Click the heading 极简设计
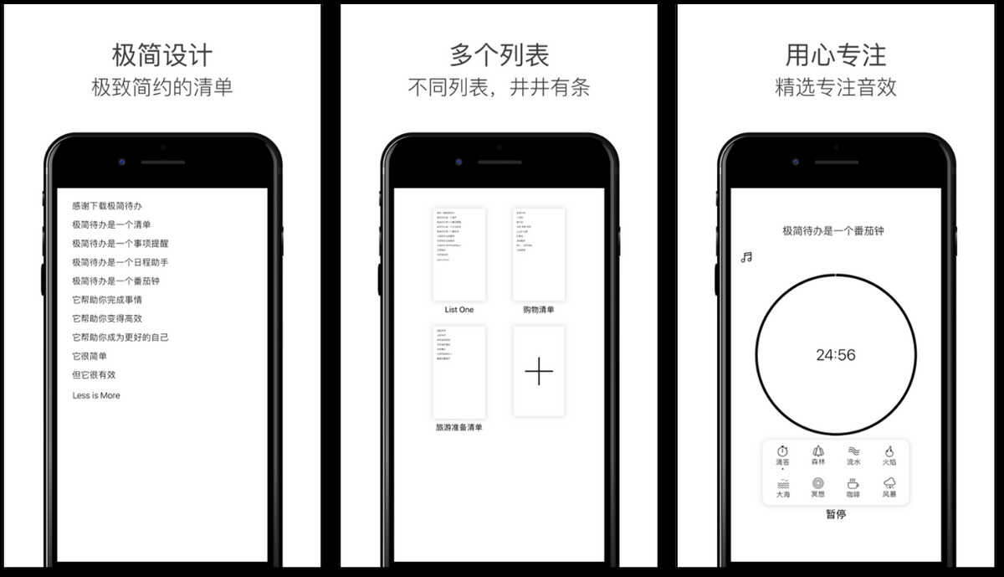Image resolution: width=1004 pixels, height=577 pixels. pos(162,55)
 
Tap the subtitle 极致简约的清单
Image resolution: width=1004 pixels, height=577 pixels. pos(162,87)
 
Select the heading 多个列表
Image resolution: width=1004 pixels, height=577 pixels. pos(499,55)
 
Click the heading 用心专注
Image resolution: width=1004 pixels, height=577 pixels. pos(836,55)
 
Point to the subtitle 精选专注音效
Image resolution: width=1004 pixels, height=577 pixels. pos(836,87)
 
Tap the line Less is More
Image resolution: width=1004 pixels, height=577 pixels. pos(96,395)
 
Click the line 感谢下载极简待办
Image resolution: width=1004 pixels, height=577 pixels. pos(107,205)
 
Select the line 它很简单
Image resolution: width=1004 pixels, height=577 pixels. pos(90,356)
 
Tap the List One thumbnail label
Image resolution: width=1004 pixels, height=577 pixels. pos(459,310)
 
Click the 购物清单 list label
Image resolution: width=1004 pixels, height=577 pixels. pos(539,310)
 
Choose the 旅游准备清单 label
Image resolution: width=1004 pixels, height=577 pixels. pos(459,428)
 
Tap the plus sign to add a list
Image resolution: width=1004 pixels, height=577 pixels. pos(539,371)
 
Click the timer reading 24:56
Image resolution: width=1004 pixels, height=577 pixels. pos(836,355)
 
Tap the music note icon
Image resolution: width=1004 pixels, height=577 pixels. pos(746,257)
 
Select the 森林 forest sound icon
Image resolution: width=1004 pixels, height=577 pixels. pos(817,451)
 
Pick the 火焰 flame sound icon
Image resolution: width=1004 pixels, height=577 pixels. pos(889,451)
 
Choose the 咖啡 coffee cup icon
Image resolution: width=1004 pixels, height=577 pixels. pos(853,484)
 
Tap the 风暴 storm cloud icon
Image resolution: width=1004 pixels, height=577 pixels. pos(889,484)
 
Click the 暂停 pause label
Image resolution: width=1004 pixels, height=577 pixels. pos(836,514)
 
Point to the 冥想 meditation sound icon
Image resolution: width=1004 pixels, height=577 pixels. pos(817,484)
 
